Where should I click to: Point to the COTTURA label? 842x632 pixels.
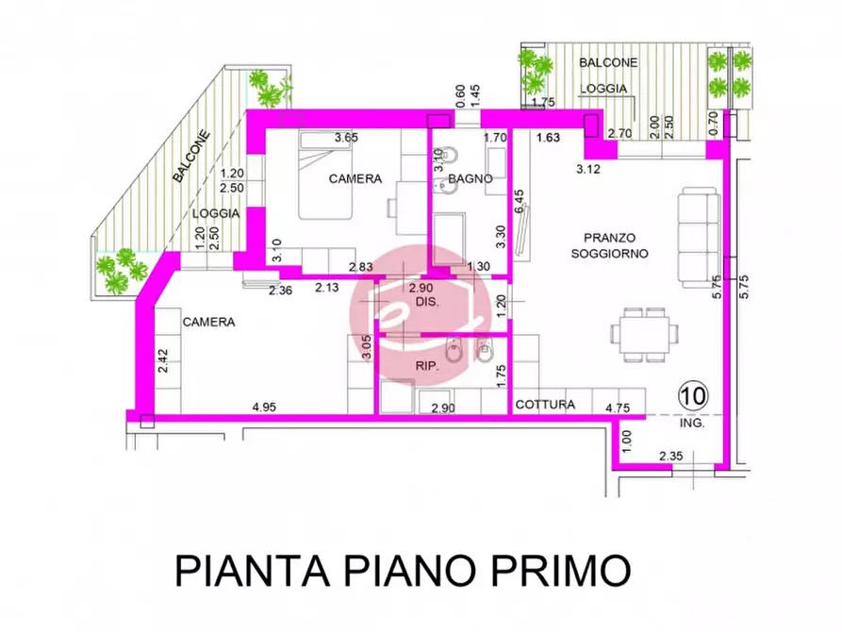pyautogui.click(x=545, y=405)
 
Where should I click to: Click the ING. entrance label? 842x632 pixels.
pyautogui.click(x=692, y=424)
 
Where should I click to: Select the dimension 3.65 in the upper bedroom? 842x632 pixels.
pyautogui.click(x=347, y=139)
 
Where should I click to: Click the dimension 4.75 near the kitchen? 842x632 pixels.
pyautogui.click(x=618, y=407)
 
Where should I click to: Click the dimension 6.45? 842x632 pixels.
pyautogui.click(x=519, y=202)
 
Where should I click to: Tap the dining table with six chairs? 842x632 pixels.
pyautogui.click(x=644, y=332)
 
